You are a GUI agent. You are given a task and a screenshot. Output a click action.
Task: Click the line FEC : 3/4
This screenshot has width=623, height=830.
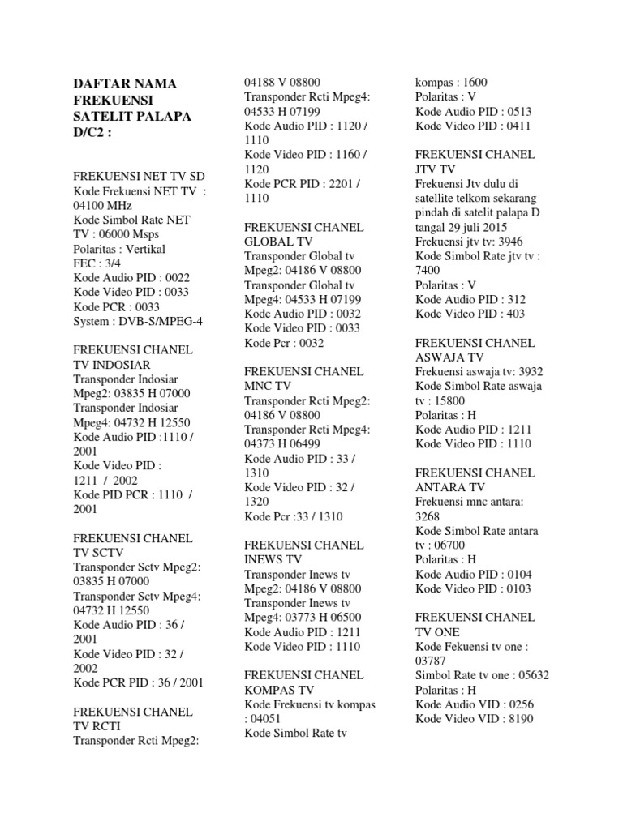(x=97, y=264)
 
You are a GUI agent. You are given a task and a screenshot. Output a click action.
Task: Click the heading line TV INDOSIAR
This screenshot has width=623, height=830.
(x=112, y=365)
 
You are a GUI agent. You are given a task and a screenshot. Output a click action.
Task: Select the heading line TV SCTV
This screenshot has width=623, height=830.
(x=100, y=553)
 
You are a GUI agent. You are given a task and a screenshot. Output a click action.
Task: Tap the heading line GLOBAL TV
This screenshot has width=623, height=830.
(x=278, y=242)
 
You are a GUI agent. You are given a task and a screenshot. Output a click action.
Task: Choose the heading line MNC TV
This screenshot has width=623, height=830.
(x=268, y=386)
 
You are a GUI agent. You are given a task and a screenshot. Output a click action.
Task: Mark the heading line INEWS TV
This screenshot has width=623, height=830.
(x=273, y=559)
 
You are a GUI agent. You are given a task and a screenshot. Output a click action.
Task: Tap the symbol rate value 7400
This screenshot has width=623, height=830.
(x=428, y=271)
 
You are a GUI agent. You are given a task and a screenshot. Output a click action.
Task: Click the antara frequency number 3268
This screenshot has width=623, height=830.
(x=429, y=516)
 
